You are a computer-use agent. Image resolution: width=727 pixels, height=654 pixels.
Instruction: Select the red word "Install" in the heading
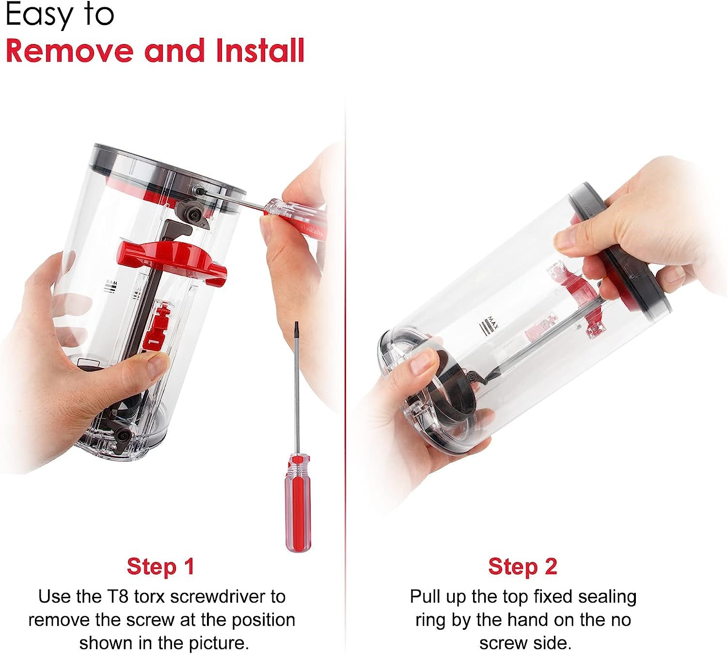click(x=259, y=50)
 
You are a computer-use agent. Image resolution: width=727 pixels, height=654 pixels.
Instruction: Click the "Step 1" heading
click(x=160, y=566)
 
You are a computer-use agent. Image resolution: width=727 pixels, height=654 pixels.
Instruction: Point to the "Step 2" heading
click(x=522, y=566)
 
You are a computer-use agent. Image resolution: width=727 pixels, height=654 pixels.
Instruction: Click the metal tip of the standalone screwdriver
click(x=296, y=324)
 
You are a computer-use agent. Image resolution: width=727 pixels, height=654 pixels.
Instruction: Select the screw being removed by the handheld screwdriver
click(x=198, y=189)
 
